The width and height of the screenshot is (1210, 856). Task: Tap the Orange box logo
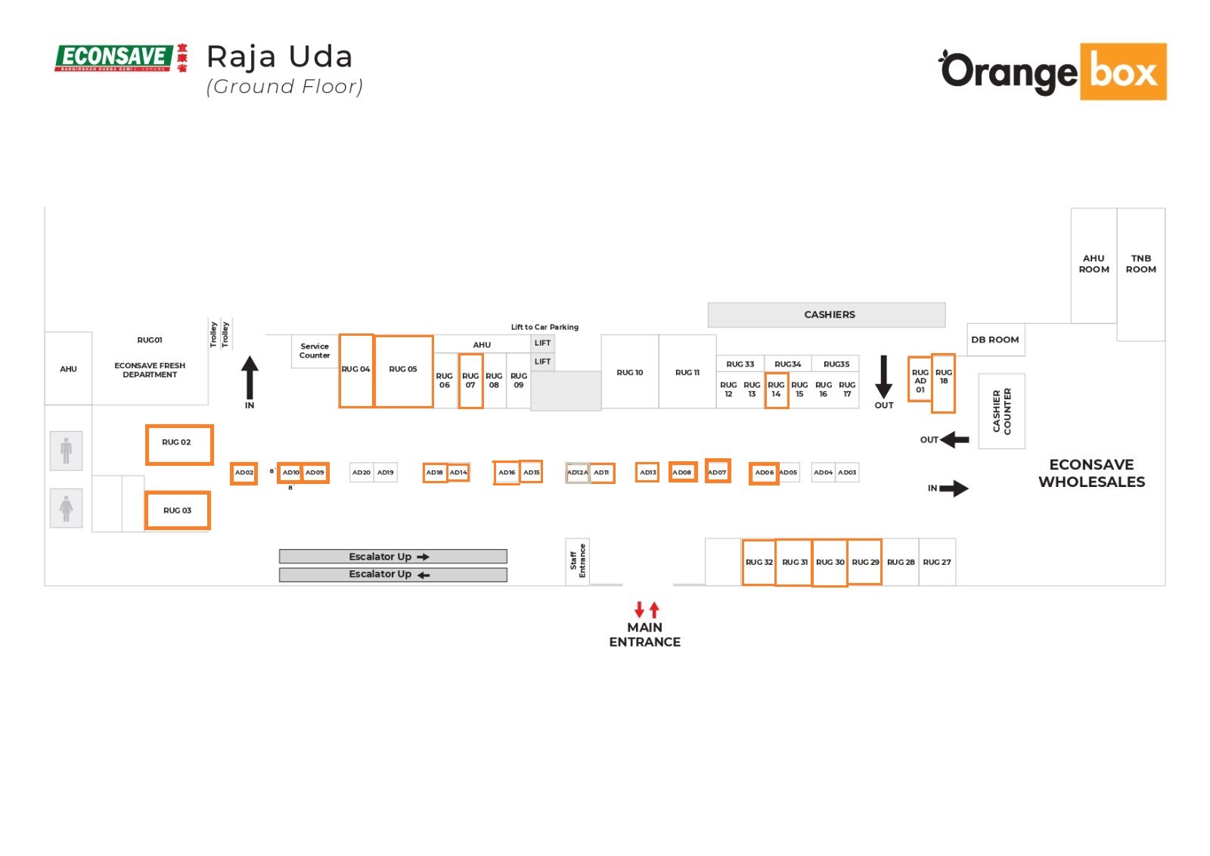[1053, 72]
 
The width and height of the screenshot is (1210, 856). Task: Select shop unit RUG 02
[178, 444]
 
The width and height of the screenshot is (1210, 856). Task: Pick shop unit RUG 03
[177, 510]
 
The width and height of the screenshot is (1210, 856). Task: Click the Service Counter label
[315, 351]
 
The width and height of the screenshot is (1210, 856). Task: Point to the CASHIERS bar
[826, 315]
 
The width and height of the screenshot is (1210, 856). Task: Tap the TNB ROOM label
[1140, 264]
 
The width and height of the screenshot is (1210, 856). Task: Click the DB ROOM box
[994, 340]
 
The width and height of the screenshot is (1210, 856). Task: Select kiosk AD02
[244, 473]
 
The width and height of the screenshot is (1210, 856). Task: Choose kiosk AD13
[648, 473]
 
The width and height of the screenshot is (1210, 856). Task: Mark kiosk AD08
[682, 473]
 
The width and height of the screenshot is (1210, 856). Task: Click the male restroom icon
[67, 451]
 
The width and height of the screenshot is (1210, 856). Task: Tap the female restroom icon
[67, 508]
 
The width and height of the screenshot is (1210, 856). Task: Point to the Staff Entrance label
[577, 561]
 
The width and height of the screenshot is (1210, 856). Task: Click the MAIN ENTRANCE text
[644, 634]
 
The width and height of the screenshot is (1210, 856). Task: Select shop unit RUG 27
[937, 562]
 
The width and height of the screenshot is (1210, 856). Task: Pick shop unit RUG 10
[629, 372]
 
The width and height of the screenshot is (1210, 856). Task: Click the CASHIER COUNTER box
[1001, 411]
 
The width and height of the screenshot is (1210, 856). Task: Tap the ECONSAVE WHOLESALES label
[1091, 473]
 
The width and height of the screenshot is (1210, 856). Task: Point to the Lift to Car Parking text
[544, 327]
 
